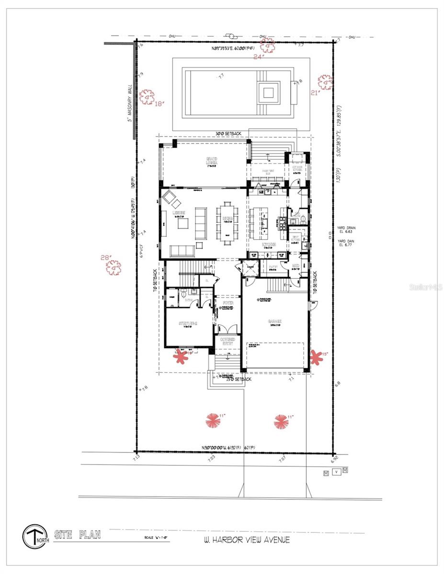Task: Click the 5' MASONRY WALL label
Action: click(129, 103)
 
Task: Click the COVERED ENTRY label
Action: click(228, 342)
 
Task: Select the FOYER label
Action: click(227, 303)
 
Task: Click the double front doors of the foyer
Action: click(228, 330)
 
